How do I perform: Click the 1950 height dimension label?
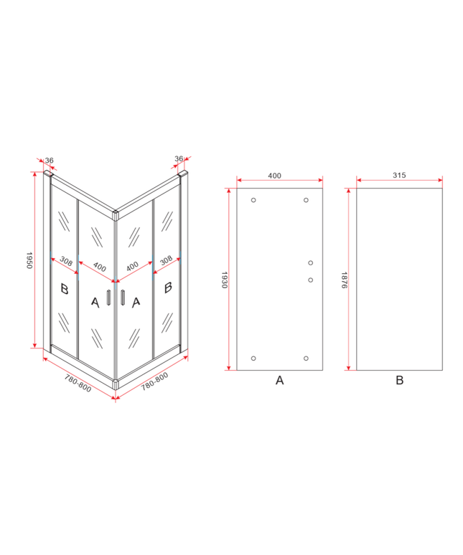click(x=29, y=260)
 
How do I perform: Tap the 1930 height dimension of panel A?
click(x=225, y=280)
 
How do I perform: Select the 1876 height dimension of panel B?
click(x=344, y=280)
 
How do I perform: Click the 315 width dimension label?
click(x=399, y=175)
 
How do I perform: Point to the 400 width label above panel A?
click(x=274, y=176)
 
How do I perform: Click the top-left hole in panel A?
click(x=253, y=200)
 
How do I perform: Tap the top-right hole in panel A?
click(x=306, y=200)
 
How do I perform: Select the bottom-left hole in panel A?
click(x=253, y=359)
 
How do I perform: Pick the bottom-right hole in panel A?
click(x=306, y=359)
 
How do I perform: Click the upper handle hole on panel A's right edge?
click(x=311, y=262)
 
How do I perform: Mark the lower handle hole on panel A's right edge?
click(x=311, y=280)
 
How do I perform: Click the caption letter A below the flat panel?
click(x=279, y=380)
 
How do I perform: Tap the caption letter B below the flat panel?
click(x=400, y=380)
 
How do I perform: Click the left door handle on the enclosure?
click(x=109, y=297)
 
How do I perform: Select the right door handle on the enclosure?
click(x=123, y=297)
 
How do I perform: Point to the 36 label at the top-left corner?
click(x=50, y=161)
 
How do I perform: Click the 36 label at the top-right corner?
click(x=179, y=158)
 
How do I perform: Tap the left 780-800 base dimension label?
click(x=78, y=384)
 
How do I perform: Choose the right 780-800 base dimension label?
click(x=155, y=381)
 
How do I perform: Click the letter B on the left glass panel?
click(x=64, y=289)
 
